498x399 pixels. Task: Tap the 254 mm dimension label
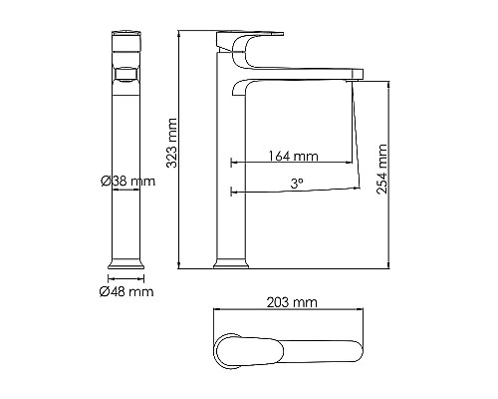click(382, 172)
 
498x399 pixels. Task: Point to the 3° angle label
click(296, 184)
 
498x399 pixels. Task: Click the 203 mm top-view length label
click(293, 300)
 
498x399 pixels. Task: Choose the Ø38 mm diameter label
click(126, 182)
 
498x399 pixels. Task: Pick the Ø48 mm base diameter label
click(126, 291)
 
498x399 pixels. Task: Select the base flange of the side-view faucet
click(231, 263)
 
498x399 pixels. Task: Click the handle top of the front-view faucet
click(126, 40)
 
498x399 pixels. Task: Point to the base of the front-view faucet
click(126, 264)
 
